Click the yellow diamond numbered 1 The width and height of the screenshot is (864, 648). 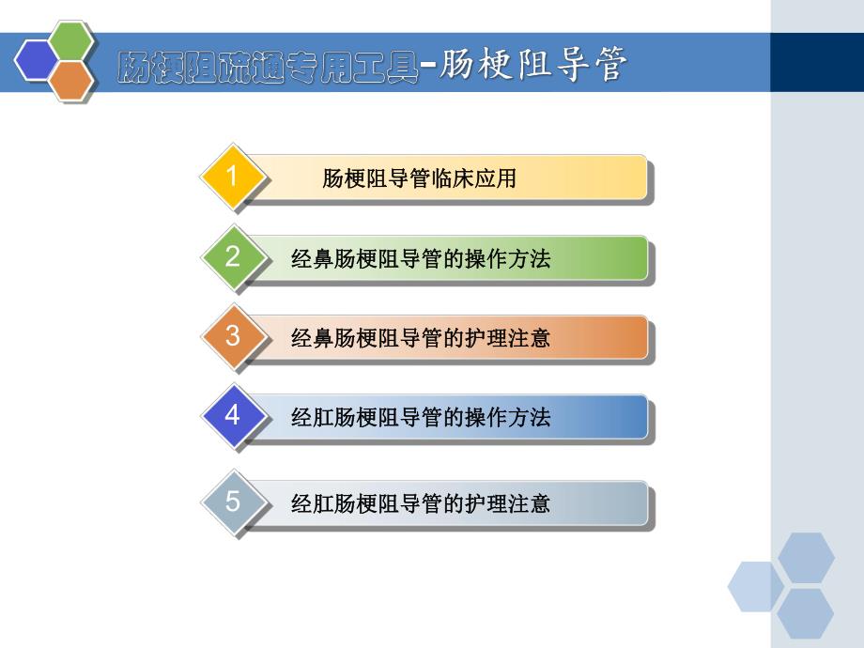click(233, 177)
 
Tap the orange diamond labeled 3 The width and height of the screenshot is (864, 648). click(233, 336)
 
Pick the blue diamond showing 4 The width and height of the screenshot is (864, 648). click(233, 415)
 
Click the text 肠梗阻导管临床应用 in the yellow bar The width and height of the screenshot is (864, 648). click(419, 178)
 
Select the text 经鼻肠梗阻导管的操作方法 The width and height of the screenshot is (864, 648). click(421, 259)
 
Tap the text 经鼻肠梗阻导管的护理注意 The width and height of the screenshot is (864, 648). click(421, 338)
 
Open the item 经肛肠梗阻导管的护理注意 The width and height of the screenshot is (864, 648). click(421, 504)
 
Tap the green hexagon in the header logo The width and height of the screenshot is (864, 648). click(72, 42)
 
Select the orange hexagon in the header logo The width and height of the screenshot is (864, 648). click(72, 82)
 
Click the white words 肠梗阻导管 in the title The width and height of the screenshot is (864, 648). click(532, 67)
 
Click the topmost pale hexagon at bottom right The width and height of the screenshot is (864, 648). click(806, 556)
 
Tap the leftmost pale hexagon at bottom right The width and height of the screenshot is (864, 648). click(755, 585)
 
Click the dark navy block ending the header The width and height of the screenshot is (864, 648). click(816, 62)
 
